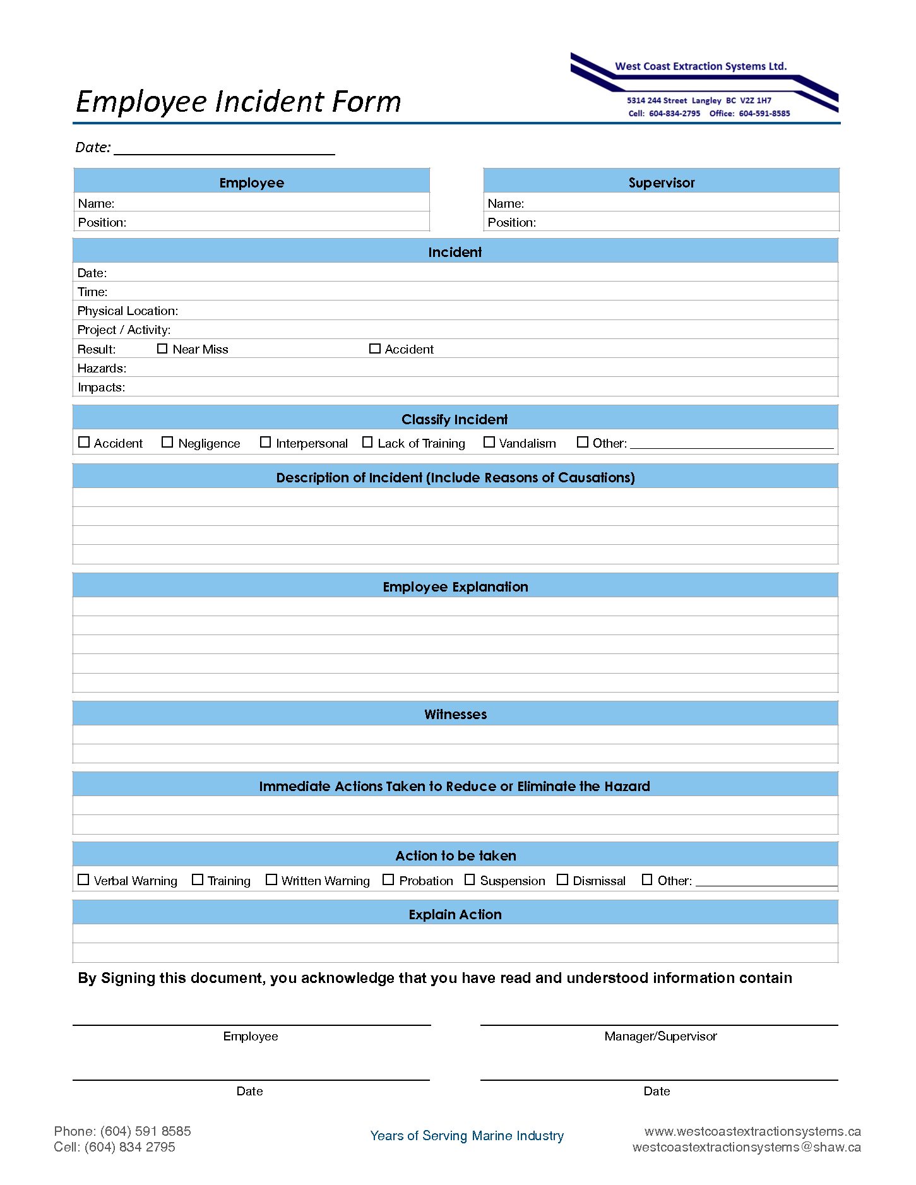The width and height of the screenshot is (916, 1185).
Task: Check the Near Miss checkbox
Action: [x=162, y=348]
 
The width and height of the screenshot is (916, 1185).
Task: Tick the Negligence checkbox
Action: [x=167, y=443]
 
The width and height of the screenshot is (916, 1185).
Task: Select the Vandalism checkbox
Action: [x=489, y=443]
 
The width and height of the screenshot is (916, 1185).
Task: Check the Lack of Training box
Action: [x=367, y=443]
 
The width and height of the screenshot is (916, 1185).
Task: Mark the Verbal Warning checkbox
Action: [x=83, y=879]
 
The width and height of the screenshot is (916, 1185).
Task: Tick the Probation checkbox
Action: [x=388, y=879]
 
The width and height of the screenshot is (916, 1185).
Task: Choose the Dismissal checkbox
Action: [x=562, y=879]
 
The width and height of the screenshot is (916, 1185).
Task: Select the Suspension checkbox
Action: [x=470, y=879]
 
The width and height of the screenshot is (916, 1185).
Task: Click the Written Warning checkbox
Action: [x=271, y=879]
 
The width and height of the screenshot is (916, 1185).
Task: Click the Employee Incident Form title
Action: [x=238, y=102]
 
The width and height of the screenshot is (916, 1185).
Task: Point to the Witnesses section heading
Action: [x=455, y=714]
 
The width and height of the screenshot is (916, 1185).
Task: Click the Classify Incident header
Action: [x=455, y=419]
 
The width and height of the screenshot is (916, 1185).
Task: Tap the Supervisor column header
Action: [x=661, y=182]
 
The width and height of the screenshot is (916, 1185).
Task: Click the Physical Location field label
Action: [x=128, y=311]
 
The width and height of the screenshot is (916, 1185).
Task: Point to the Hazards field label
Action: [x=102, y=368]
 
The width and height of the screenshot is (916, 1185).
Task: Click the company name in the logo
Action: [x=701, y=66]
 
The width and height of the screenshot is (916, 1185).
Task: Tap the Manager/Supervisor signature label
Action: [x=660, y=1036]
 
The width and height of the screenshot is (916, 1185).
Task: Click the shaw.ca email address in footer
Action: [x=746, y=1147]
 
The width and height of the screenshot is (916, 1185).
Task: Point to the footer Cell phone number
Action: [x=114, y=1147]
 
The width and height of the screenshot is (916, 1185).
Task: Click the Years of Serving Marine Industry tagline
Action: [x=467, y=1136]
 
